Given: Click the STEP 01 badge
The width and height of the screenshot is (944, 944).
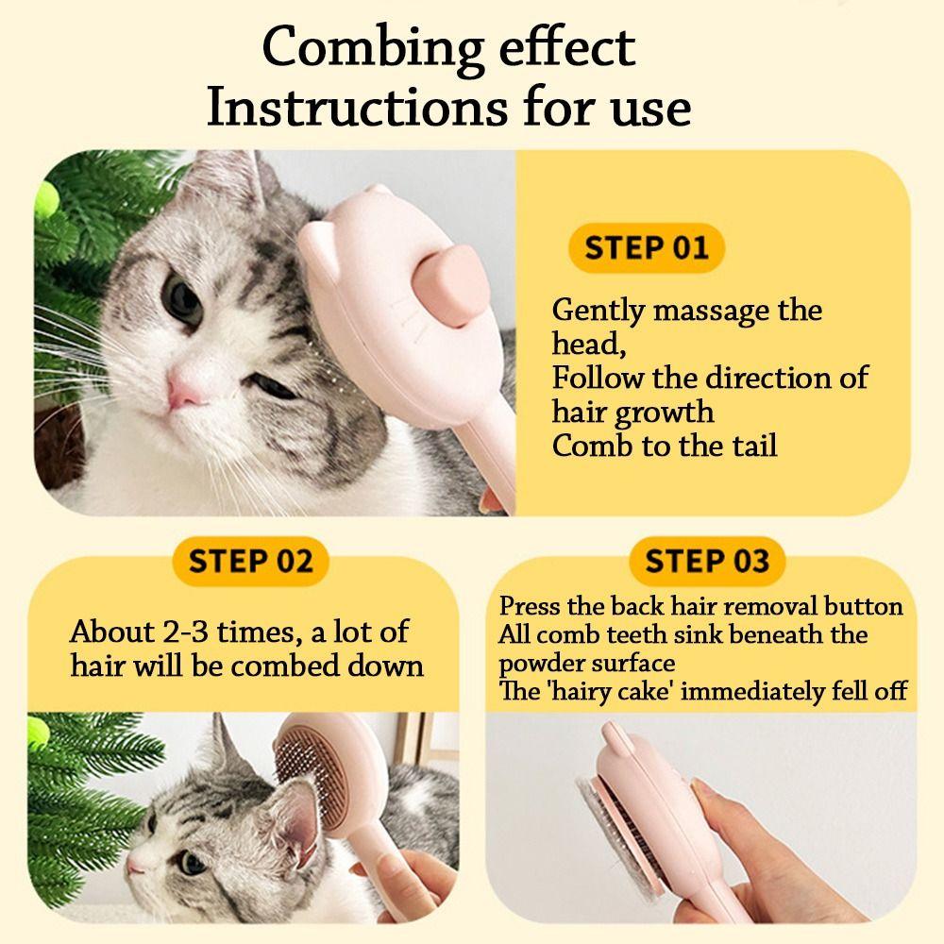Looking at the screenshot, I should point(646,248).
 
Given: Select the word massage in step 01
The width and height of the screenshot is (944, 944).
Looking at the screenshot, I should point(725,310).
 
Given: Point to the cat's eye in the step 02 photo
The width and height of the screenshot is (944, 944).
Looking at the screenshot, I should point(192,864).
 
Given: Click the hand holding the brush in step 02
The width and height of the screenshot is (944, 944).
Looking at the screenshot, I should point(415,892).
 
